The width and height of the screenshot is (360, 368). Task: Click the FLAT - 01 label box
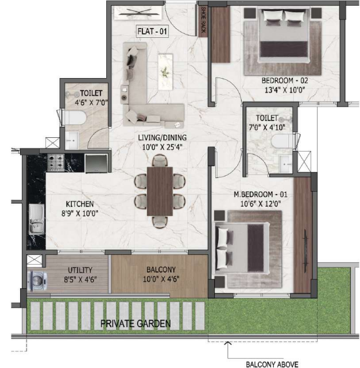(x=152, y=31)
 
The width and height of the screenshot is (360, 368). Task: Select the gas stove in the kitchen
(x=56, y=162)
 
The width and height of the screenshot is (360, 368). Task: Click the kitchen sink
(x=37, y=219)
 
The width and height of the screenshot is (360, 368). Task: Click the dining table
(x=160, y=191)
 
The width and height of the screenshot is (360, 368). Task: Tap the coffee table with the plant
(x=165, y=72)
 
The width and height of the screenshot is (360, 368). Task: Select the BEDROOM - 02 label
(x=285, y=80)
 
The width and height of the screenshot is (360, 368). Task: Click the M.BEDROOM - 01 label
(x=261, y=194)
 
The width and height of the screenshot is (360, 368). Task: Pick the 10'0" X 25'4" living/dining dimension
(x=162, y=147)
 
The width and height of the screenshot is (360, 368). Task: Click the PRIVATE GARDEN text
(x=136, y=324)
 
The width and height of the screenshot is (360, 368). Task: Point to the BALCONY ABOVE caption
(x=272, y=364)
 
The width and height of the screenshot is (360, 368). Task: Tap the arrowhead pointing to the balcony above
(x=227, y=343)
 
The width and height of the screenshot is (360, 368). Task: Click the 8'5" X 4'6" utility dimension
(x=80, y=280)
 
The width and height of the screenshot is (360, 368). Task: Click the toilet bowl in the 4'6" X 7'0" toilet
(x=75, y=117)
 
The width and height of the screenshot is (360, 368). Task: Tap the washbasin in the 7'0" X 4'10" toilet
(x=285, y=164)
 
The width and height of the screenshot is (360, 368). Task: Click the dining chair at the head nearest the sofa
(x=160, y=161)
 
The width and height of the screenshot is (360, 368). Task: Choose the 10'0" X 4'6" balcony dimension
(x=161, y=279)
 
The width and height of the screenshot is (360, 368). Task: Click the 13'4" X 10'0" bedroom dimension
(x=285, y=90)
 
